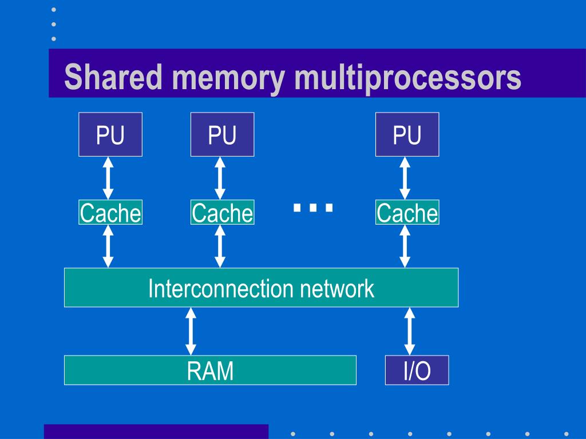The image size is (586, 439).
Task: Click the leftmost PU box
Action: coord(110,134)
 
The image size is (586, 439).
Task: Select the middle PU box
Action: coord(222,134)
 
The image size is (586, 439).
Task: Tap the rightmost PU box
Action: coord(407,134)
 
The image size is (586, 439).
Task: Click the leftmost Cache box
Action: coord(110,213)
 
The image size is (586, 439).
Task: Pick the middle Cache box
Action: coord(222,213)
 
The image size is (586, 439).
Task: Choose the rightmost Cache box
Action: coord(407,213)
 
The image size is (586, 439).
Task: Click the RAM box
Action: coord(210,370)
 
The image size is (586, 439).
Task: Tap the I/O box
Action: coord(417,370)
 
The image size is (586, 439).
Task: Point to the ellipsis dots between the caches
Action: coord(313,207)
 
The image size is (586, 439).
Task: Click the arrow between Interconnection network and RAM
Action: coord(191,331)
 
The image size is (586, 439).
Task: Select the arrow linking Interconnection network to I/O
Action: coord(409,331)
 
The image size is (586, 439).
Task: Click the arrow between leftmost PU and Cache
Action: coord(108,178)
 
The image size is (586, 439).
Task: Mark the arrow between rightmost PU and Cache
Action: coord(405,178)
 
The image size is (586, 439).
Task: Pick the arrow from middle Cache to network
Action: coord(220,246)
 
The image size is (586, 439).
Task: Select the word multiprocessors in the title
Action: coord(407,79)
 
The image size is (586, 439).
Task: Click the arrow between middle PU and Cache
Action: coord(220,178)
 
